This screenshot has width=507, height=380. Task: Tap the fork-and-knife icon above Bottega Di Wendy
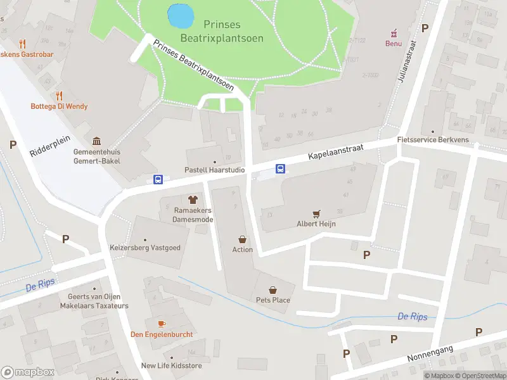coord(59,96)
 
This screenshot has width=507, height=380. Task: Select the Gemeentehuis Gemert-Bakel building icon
coord(96,141)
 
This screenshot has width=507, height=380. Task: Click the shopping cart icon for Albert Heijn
coord(316,213)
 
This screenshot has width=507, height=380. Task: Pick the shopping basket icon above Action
coord(242,239)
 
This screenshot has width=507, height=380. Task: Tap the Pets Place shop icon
coord(273,289)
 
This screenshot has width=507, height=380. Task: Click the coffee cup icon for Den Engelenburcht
coord(162,324)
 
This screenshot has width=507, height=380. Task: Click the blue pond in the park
coord(179,15)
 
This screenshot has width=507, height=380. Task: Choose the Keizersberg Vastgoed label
coord(145,248)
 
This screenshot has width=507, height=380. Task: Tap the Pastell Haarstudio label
coord(214,170)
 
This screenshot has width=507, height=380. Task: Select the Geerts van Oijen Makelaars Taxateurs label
coord(94,301)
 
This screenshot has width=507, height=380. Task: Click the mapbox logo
coord(27,372)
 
